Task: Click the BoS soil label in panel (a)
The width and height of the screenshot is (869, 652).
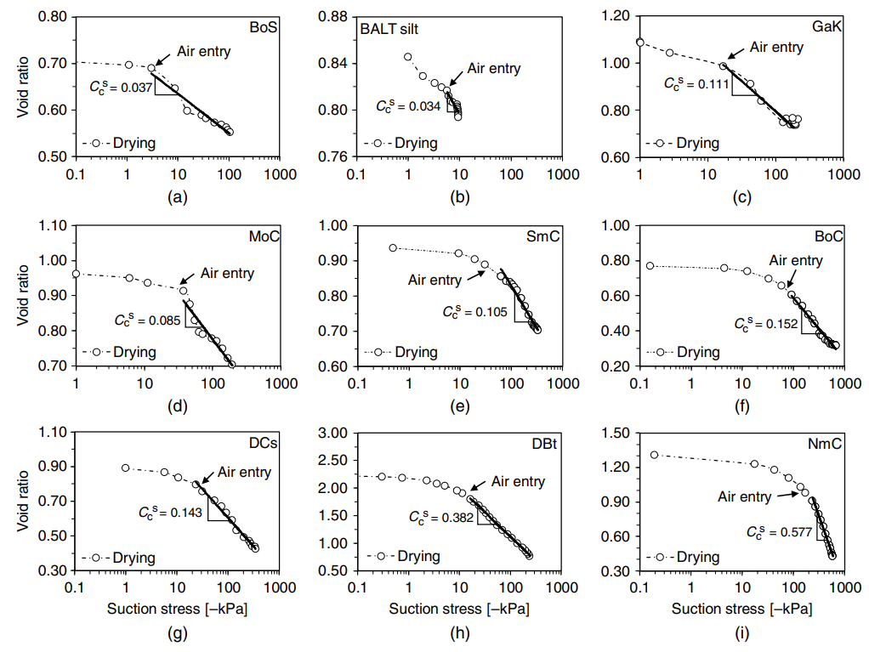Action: pyautogui.click(x=262, y=26)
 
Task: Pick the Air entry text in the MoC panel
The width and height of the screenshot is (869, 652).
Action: pyautogui.click(x=227, y=274)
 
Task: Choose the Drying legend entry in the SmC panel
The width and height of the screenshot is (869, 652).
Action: pyautogui.click(x=416, y=352)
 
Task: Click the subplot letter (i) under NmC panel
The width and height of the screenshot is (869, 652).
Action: pyautogui.click(x=741, y=632)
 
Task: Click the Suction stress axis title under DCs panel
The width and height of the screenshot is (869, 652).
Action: pyautogui.click(x=178, y=609)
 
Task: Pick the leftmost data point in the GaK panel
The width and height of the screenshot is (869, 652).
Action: pyautogui.click(x=640, y=43)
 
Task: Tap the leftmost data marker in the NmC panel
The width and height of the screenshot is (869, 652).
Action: pyautogui.click(x=654, y=455)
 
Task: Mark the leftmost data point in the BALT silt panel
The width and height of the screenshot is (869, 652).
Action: pyautogui.click(x=408, y=57)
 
